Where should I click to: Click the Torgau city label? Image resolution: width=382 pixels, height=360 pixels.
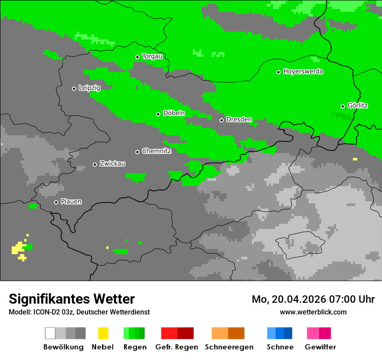[x=152, y=56]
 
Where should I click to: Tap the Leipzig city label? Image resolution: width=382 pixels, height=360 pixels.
[x=89, y=88]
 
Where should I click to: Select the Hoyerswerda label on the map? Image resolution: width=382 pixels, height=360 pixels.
[x=303, y=72]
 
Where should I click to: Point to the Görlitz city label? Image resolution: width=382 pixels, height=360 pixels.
[x=358, y=106]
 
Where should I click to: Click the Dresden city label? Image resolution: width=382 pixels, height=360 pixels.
[x=239, y=120]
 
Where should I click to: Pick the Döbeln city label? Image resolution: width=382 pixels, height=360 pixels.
[x=174, y=114]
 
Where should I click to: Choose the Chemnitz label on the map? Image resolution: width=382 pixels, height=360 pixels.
[x=156, y=151]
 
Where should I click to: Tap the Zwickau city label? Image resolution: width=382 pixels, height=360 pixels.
[x=112, y=164]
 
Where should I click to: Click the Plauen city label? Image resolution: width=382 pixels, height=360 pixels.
[x=71, y=202]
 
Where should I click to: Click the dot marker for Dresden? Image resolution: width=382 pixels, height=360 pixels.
[x=221, y=120]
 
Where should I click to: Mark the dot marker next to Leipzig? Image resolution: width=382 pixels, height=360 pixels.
[x=74, y=88]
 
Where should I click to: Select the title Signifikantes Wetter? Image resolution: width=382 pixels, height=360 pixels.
[x=72, y=299]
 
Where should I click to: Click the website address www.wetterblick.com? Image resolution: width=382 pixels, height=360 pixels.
[x=313, y=312]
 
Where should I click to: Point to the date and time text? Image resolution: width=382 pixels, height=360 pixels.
[x=313, y=299]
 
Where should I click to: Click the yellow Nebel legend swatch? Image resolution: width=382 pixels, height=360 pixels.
[x=103, y=333]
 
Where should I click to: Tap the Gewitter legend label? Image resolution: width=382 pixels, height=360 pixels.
[x=320, y=347]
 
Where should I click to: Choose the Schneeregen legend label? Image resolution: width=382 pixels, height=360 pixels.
[x=229, y=347]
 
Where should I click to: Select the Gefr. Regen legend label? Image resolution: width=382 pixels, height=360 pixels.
[x=177, y=347]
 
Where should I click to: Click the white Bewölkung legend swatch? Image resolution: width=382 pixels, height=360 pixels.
[x=50, y=333]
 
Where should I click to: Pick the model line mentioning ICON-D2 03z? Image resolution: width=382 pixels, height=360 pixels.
[x=79, y=312]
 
